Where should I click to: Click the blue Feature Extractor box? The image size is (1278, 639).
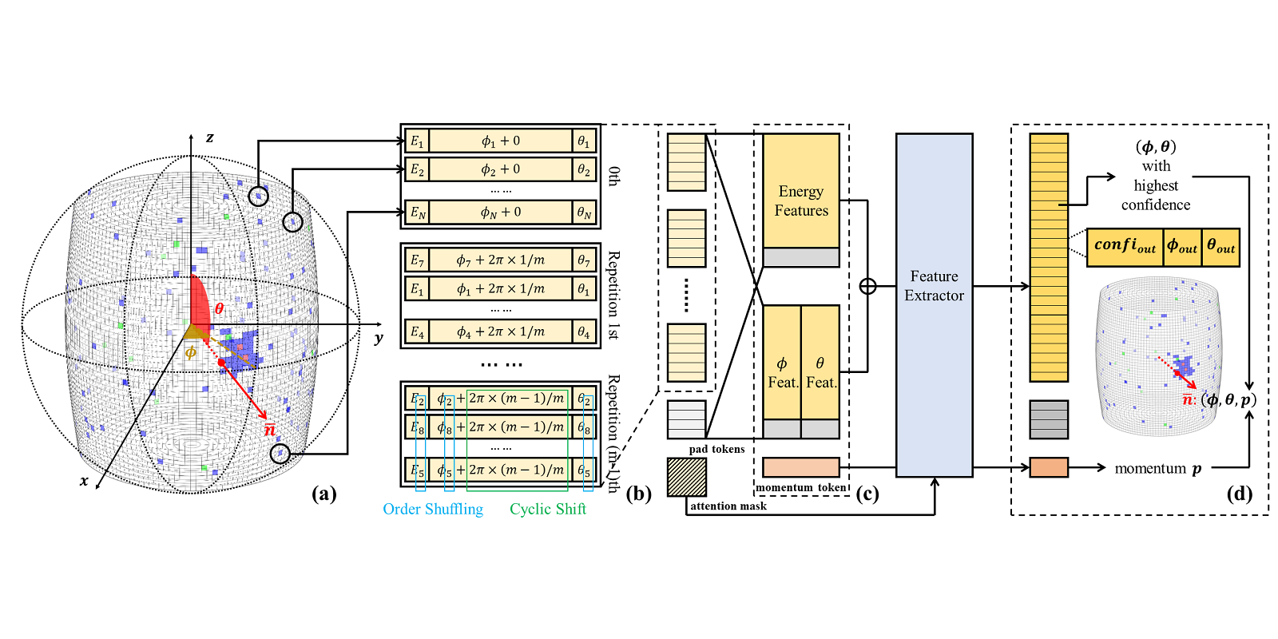tap(934, 304)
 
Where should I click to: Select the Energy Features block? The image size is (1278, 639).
tap(801, 192)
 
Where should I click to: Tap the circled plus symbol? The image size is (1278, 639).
tap(867, 286)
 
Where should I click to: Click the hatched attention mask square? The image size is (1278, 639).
tap(687, 477)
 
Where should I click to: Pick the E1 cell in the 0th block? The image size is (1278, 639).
tap(417, 141)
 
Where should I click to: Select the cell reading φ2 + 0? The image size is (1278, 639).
tap(501, 169)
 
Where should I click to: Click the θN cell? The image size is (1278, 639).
tap(585, 212)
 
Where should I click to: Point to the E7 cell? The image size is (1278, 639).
tap(417, 260)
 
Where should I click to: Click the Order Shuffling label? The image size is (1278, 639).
tap(433, 509)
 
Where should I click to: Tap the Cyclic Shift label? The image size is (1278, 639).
tap(548, 509)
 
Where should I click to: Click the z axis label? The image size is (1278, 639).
tap(210, 137)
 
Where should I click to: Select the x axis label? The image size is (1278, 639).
tap(84, 481)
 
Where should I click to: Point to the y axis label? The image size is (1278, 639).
tap(379, 339)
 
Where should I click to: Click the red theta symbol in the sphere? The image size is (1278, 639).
tap(219, 308)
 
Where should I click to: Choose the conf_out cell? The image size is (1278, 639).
tap(1125, 247)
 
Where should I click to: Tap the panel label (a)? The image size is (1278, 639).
tap(323, 494)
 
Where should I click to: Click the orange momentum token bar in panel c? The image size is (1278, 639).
tap(801, 467)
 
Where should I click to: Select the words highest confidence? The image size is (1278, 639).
tap(1156, 195)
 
